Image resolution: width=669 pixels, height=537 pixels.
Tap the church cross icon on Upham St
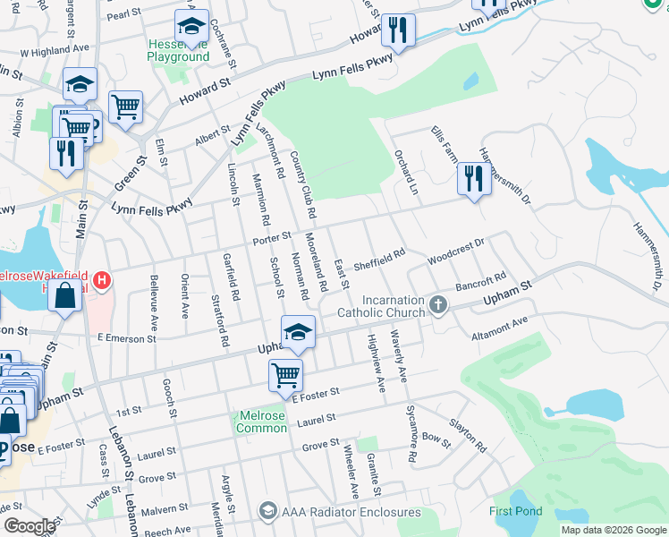tap(438, 305)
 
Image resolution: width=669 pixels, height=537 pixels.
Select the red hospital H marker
tap(103, 280)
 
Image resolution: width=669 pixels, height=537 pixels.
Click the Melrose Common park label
tap(261, 422)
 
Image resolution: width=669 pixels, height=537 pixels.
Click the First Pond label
tap(515, 512)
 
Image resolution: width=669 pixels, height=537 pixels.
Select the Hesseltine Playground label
tap(178, 50)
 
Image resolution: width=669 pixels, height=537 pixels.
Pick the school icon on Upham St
tap(298, 330)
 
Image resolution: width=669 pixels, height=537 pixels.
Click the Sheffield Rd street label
tap(379, 260)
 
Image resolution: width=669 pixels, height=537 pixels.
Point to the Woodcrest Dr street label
tap(456, 247)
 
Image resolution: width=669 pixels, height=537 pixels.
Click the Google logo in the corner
tap(30, 526)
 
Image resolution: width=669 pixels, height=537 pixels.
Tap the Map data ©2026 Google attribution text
tap(614, 530)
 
